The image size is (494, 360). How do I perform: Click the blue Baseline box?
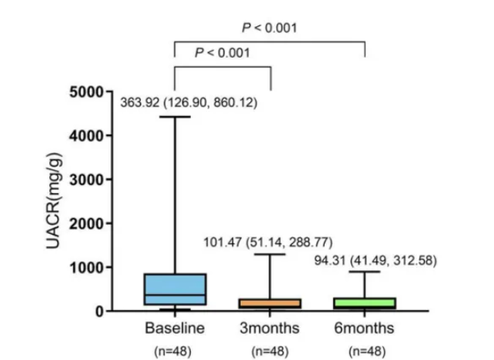pos(175,289)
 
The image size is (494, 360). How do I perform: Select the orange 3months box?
pos(270,303)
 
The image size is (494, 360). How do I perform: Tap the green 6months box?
pos(364,303)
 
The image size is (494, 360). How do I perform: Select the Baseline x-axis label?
pos(175,328)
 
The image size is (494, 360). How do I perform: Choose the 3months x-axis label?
pos(270,328)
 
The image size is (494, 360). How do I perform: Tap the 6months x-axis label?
pos(364,328)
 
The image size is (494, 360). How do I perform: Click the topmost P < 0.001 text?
pos(269,28)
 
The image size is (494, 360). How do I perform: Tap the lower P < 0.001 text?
pos(222,53)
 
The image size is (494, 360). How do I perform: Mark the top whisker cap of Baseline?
pos(175,117)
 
